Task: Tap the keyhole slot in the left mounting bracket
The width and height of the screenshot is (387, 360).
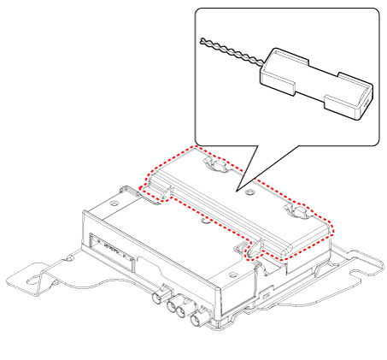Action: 38,279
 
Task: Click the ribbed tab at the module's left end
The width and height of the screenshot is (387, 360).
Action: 150,190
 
